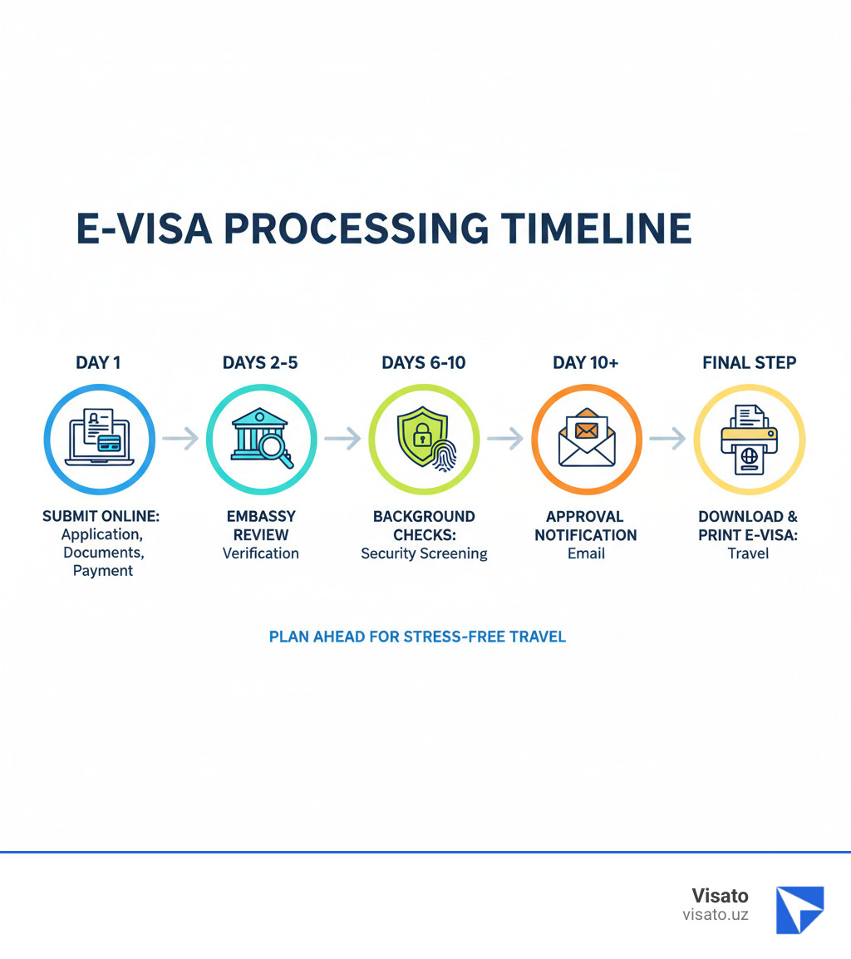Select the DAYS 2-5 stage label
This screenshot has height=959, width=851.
tap(260, 363)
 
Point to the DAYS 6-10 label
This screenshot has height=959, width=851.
tap(424, 363)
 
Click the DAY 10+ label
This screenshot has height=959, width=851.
tap(586, 363)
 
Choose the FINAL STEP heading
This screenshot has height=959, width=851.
tap(749, 363)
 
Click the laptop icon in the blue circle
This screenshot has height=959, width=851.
tap(98, 439)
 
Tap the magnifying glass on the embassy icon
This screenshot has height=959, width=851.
tap(277, 450)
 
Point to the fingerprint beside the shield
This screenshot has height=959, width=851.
tap(441, 453)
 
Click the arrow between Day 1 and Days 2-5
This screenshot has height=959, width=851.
tap(180, 438)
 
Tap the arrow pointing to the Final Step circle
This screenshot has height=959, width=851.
tap(667, 438)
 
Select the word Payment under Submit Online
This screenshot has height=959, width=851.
tap(103, 570)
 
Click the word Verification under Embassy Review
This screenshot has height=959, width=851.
tap(260, 553)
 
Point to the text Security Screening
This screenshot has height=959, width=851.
tap(424, 553)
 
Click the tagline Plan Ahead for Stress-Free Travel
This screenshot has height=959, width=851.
tap(417, 637)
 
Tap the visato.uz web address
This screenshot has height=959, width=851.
tap(715, 914)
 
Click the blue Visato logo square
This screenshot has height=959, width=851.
tap(799, 909)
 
